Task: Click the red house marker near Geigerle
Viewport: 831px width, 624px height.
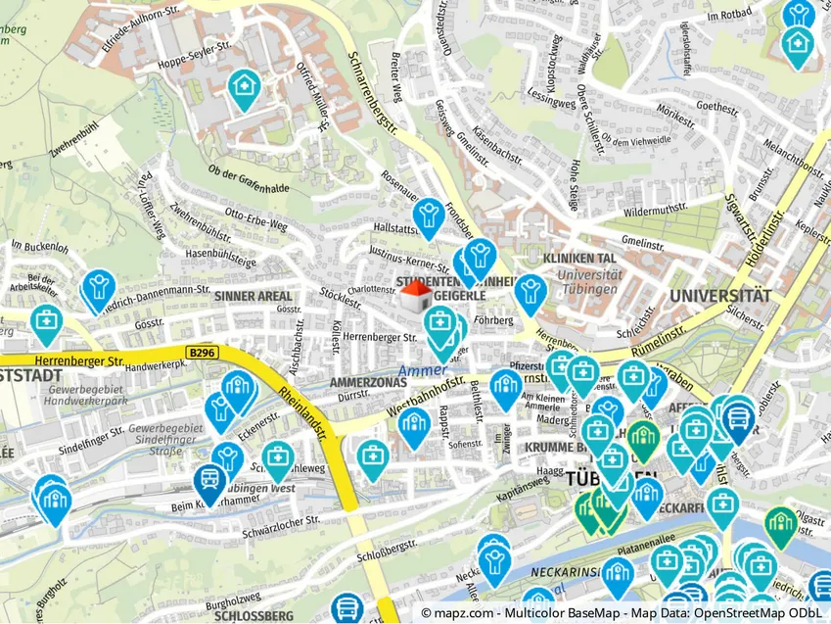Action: coord(415,295)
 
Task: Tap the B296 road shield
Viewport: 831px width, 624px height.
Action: coord(202,352)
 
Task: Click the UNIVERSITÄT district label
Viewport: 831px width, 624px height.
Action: coord(719,295)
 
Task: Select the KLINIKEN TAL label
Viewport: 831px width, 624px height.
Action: coord(578,259)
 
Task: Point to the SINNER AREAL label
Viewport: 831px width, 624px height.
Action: coord(254,295)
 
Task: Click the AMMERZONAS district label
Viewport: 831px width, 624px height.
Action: coord(367,381)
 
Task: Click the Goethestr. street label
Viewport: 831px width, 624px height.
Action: coord(689,106)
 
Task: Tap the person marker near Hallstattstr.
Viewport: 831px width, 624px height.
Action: coord(428,214)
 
